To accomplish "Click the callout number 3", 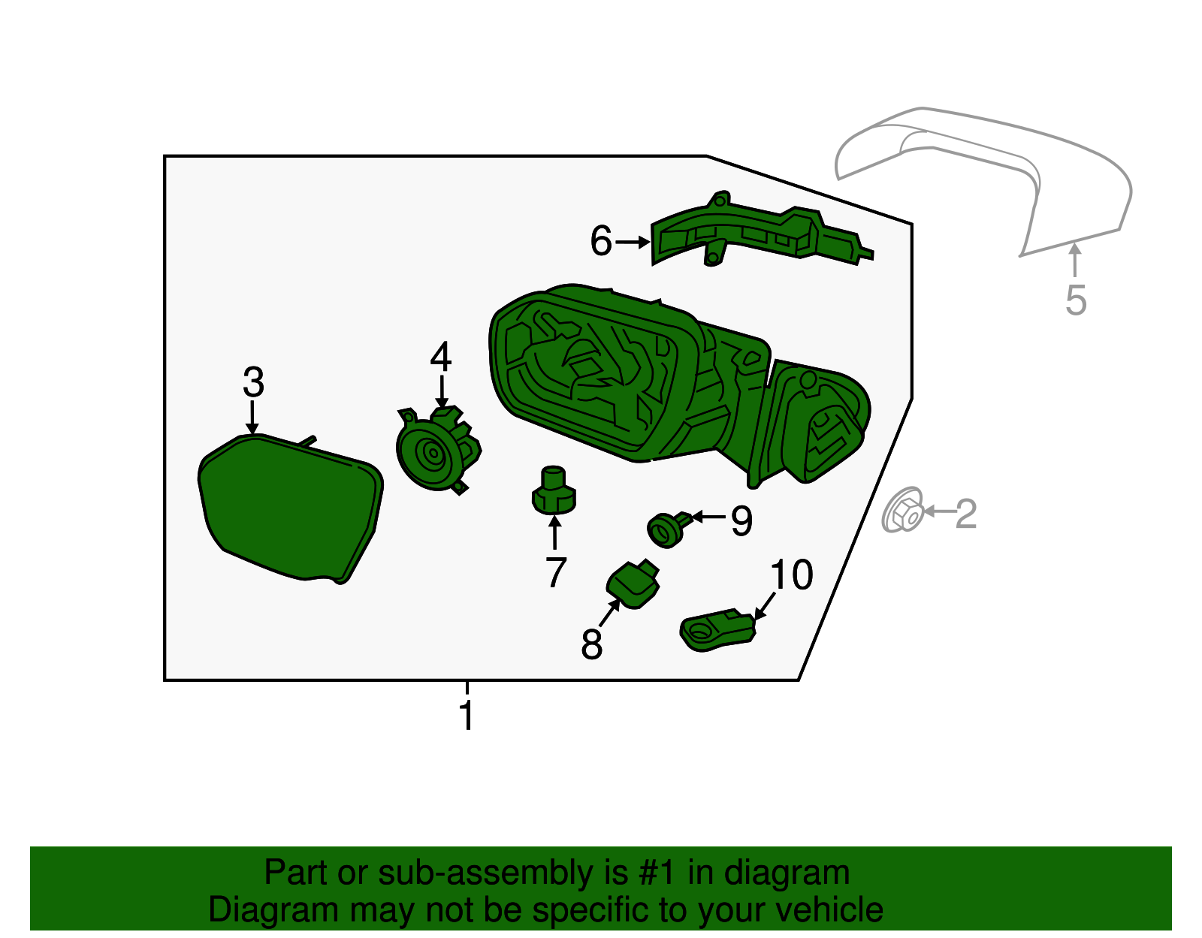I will (x=253, y=382).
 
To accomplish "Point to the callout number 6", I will (x=601, y=241).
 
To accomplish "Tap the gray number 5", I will (x=1076, y=300).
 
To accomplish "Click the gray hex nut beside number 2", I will (x=904, y=511).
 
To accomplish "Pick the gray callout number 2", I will (x=965, y=514).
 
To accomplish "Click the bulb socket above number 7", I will (x=554, y=491).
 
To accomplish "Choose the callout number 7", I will (x=555, y=573).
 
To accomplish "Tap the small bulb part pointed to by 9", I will (x=666, y=529).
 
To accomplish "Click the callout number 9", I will (x=741, y=520).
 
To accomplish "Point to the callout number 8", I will (x=591, y=644).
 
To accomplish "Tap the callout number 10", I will (x=791, y=575).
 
